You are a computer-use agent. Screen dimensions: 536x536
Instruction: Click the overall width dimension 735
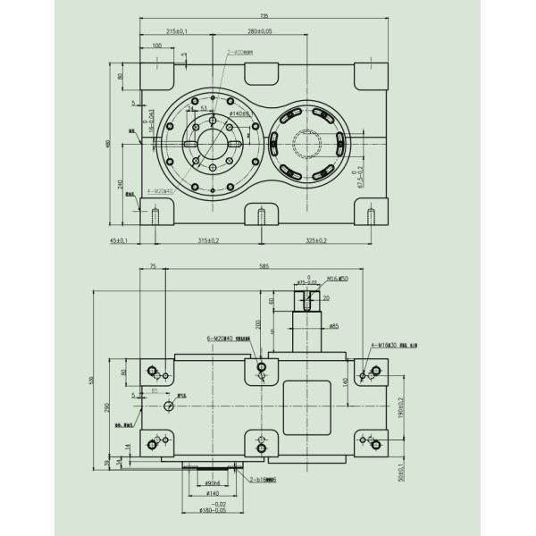click(x=264, y=16)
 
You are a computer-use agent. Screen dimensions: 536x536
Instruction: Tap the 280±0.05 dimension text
click(x=260, y=31)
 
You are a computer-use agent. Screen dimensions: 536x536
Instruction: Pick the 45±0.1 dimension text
click(x=120, y=240)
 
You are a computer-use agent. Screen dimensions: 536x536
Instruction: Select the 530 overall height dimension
click(x=91, y=381)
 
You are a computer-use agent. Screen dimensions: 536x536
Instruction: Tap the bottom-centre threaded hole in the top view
click(x=261, y=215)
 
